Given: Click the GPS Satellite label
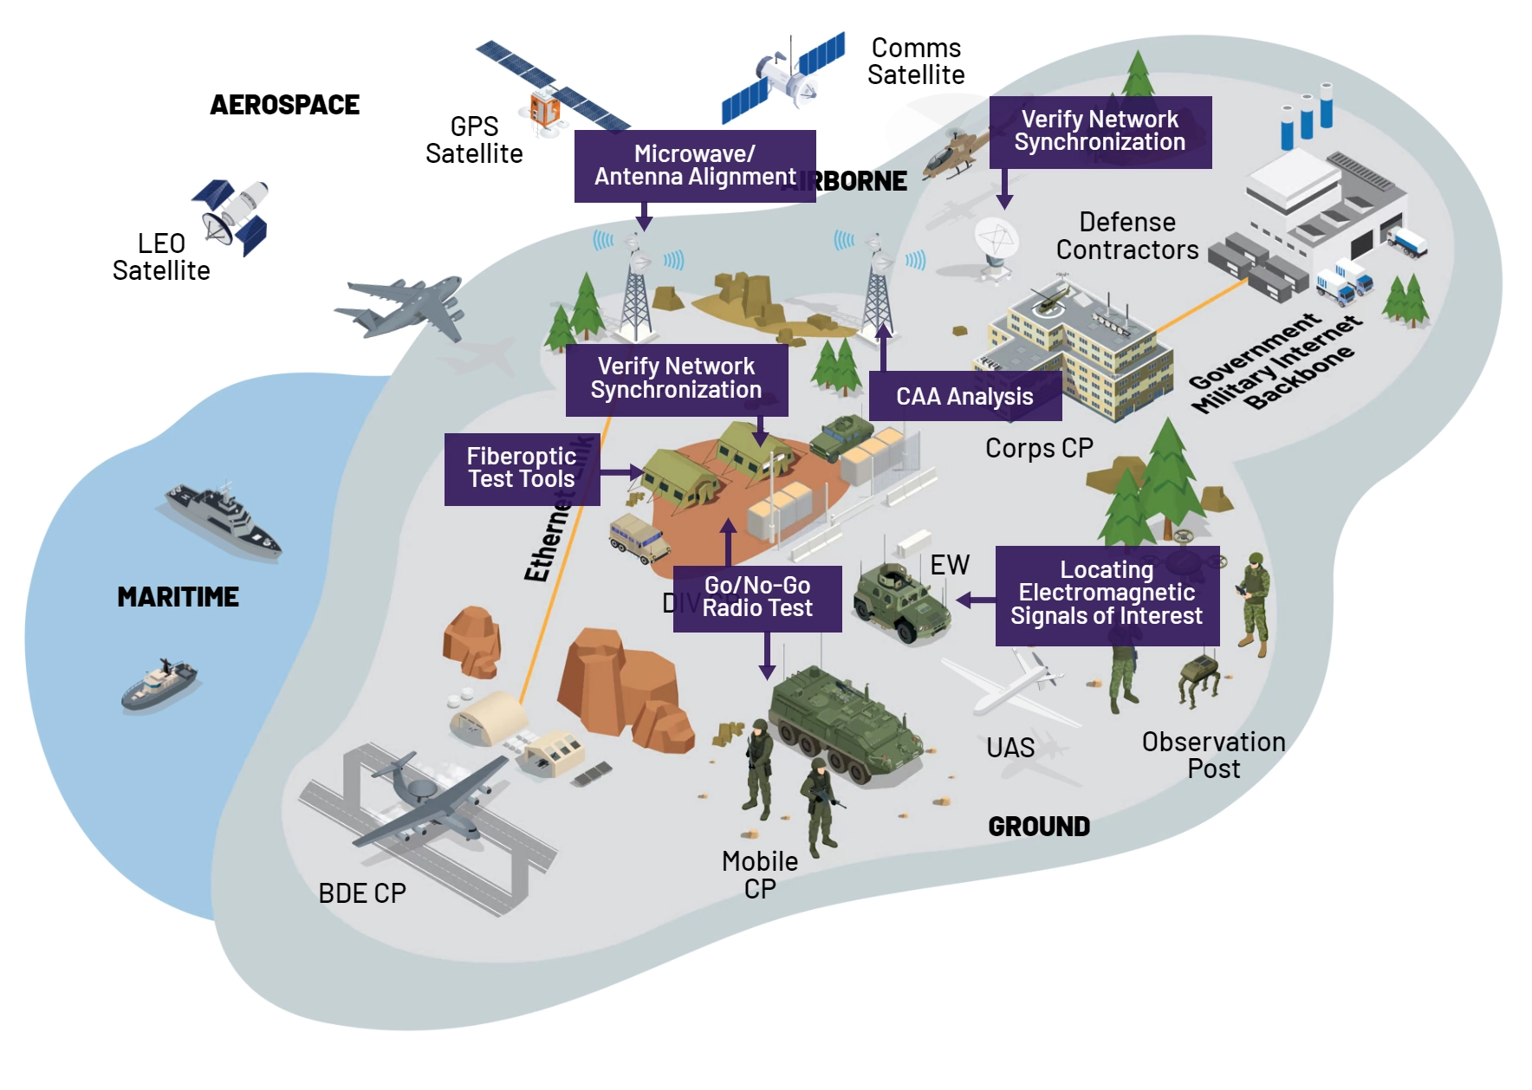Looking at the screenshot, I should click(x=474, y=140).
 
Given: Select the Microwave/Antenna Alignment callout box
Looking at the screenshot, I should click(x=695, y=165).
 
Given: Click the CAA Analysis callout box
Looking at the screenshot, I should click(x=964, y=397).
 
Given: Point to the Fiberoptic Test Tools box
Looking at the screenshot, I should click(x=522, y=469).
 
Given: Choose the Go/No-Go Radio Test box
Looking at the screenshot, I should click(x=757, y=598).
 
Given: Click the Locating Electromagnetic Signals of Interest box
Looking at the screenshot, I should click(x=1107, y=594).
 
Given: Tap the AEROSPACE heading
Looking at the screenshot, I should click(x=284, y=105).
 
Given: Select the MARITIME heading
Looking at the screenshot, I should click(x=178, y=597).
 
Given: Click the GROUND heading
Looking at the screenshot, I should click(x=1039, y=827).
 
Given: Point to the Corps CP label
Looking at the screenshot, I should click(x=1039, y=448).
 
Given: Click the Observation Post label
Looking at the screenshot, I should click(x=1213, y=756).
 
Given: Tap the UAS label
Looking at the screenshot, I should click(x=1010, y=748).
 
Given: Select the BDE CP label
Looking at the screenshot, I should click(x=362, y=893).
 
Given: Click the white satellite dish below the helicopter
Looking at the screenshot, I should click(x=996, y=243).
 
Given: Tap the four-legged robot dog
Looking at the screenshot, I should click(x=1200, y=677).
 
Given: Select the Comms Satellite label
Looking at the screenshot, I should click(x=916, y=62).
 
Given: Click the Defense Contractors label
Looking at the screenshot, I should click(x=1127, y=236).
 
